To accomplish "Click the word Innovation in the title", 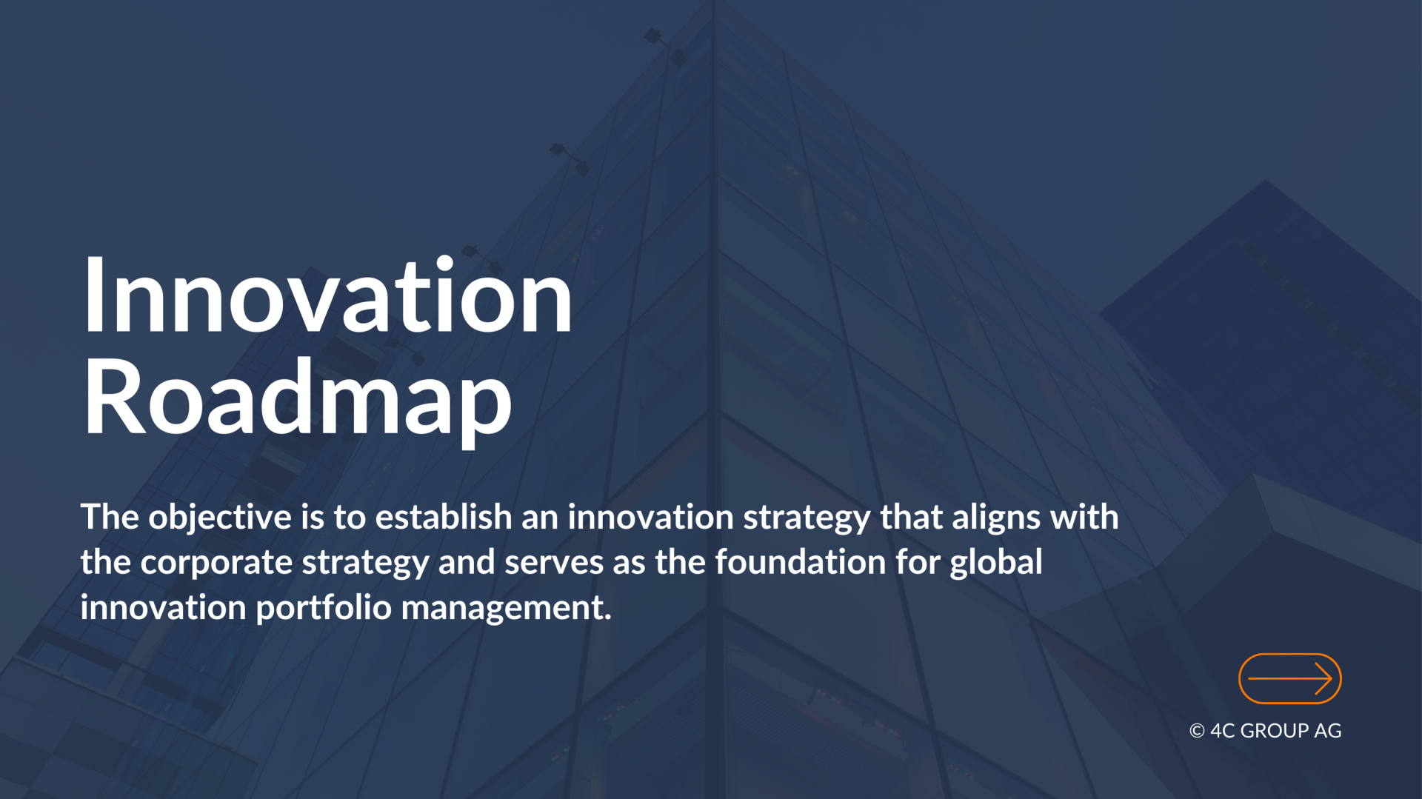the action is (327, 294).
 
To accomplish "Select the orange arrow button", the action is (1289, 678).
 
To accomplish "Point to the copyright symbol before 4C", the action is (1197, 731).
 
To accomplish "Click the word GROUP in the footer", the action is (1274, 731).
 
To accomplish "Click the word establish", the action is (444, 517).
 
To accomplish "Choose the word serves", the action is (554, 563).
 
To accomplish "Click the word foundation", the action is (800, 561).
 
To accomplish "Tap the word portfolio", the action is (324, 608).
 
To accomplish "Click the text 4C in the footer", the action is (1222, 731).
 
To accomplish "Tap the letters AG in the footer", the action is (1328, 731).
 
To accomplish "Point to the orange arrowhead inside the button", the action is (1323, 678).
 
